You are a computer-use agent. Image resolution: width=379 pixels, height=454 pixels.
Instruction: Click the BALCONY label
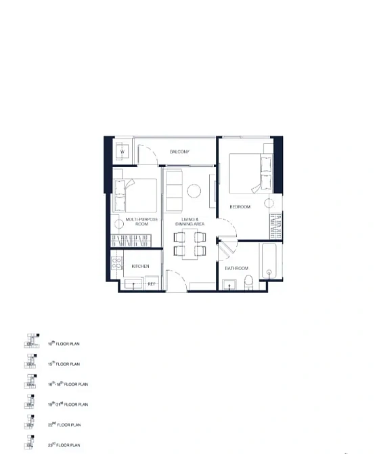point(179,152)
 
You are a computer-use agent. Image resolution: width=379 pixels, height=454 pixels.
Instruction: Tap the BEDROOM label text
point(240,206)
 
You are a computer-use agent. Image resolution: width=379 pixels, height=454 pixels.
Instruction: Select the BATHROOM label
point(236,269)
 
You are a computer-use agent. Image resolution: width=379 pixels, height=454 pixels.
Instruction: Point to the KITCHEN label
point(141,267)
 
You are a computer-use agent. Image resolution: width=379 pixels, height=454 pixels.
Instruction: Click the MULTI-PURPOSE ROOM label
point(142,223)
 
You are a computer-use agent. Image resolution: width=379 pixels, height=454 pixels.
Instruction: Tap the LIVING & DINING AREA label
point(189,221)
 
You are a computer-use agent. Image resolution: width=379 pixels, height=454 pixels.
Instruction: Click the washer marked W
point(122,152)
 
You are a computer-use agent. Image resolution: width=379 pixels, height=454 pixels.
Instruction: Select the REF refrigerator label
point(152,283)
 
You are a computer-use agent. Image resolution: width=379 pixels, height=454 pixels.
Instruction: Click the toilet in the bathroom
point(248,282)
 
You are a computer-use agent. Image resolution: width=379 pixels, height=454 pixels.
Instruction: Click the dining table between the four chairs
point(189,244)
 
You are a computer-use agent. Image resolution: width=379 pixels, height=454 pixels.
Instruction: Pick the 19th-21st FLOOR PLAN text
point(68,405)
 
